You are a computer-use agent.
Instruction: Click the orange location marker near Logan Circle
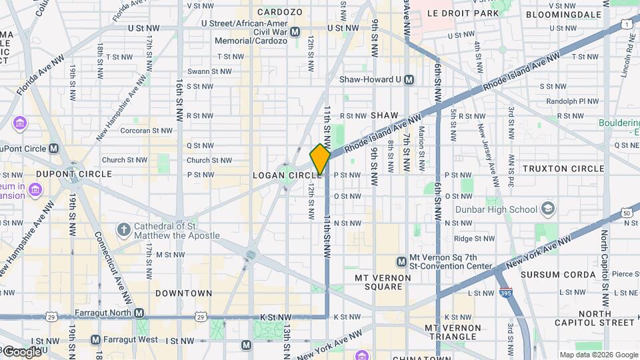tap(320, 159)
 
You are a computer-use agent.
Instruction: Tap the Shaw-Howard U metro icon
tap(409, 79)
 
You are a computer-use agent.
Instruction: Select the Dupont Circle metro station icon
tap(54, 148)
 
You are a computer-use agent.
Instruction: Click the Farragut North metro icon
tap(139, 313)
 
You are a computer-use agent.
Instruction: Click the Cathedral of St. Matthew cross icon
tap(123, 230)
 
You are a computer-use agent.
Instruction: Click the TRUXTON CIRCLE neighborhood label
tap(563, 169)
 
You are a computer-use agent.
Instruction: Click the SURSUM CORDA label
tap(558, 274)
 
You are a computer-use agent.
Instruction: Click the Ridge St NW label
tap(472, 238)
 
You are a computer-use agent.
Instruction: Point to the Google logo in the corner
tap(21, 351)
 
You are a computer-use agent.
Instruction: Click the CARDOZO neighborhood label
tap(280, 12)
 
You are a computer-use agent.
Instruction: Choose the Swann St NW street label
tap(209, 71)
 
